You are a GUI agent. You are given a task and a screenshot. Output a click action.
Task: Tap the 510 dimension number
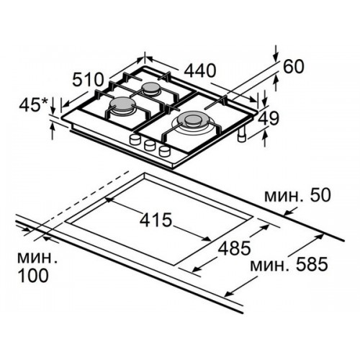[88, 80]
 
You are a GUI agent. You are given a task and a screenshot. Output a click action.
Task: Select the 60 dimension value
[294, 66]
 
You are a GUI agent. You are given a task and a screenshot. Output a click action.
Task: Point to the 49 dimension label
[269, 118]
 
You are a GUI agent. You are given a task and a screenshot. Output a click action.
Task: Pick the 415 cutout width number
[156, 220]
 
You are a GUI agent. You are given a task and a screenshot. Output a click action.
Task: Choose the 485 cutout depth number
[234, 248]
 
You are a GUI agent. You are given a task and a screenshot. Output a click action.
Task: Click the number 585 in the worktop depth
[312, 264]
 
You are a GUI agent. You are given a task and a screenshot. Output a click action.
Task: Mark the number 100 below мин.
[33, 275]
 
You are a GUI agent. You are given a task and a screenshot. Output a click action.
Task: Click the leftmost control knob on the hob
[135, 139]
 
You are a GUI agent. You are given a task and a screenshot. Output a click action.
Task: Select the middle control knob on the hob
[150, 145]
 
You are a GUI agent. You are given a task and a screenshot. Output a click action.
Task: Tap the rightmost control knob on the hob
[165, 150]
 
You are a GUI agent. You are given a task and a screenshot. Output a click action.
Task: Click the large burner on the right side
[192, 121]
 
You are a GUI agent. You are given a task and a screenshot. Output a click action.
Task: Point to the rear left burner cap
[150, 89]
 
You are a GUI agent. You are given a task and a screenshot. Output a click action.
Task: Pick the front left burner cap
[120, 104]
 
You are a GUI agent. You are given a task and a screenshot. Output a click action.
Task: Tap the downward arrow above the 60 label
[276, 53]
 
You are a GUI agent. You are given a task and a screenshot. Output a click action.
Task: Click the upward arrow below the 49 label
[264, 138]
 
